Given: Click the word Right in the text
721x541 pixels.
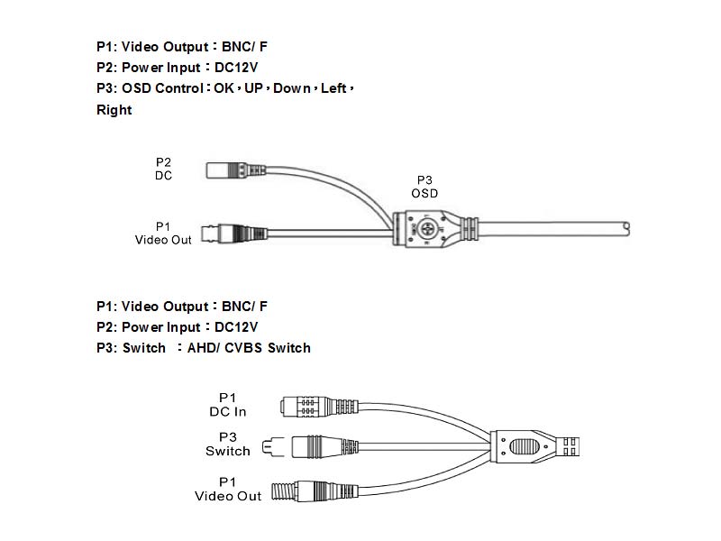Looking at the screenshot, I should coord(114,110).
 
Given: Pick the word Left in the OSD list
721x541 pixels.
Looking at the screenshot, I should coord(333,88).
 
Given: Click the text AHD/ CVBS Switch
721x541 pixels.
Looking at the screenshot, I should coord(248,348).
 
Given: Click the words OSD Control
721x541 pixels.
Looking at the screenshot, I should coord(161,88).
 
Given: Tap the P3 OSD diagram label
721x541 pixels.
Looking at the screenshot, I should coord(424,187).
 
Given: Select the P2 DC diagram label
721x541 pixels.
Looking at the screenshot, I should coord(163,169).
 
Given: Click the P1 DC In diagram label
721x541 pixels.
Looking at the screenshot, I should coord(227,404).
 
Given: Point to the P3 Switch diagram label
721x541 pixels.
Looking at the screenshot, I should coord(227,444).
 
